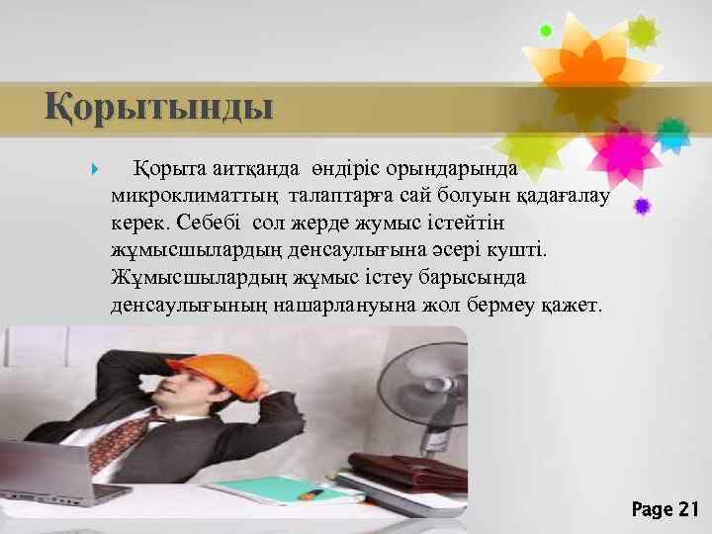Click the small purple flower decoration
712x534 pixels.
click(642, 206)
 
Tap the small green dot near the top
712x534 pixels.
click(545, 31)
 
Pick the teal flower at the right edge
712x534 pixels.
click(673, 134)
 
